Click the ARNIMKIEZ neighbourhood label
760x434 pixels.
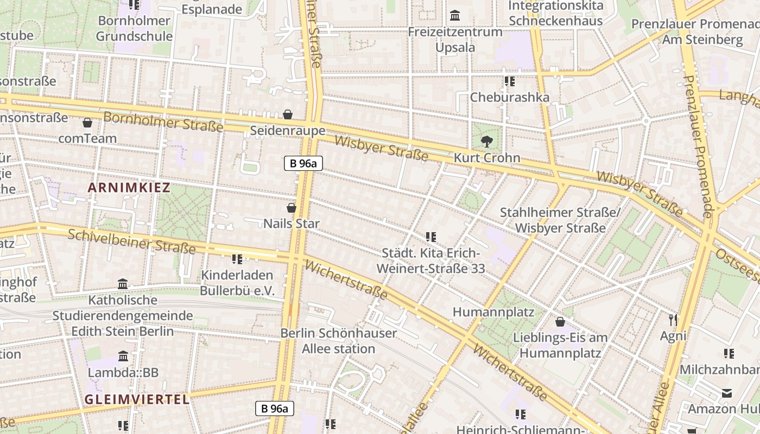click(x=129, y=188)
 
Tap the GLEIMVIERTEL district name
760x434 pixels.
click(x=137, y=399)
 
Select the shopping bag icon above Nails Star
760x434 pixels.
click(x=292, y=208)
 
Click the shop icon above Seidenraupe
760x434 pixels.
click(x=288, y=114)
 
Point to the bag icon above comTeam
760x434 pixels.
click(x=87, y=123)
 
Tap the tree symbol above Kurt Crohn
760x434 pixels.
click(x=487, y=142)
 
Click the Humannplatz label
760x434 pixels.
click(x=493, y=312)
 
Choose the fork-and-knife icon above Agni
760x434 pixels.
click(x=673, y=320)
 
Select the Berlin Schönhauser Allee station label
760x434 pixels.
click(x=338, y=341)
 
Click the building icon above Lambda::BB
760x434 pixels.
click(x=123, y=356)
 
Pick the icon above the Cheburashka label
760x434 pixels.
click(x=509, y=81)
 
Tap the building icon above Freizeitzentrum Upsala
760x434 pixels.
click(x=455, y=15)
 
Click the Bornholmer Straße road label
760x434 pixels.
click(x=163, y=122)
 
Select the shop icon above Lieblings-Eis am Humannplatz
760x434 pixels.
click(x=560, y=322)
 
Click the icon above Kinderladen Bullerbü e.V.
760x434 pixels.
click(x=237, y=259)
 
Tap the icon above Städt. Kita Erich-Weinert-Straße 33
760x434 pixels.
click(x=431, y=237)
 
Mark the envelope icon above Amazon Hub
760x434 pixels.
click(x=727, y=393)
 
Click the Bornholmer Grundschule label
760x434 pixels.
click(x=135, y=29)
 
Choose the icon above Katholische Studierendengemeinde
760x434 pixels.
click(x=123, y=284)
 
